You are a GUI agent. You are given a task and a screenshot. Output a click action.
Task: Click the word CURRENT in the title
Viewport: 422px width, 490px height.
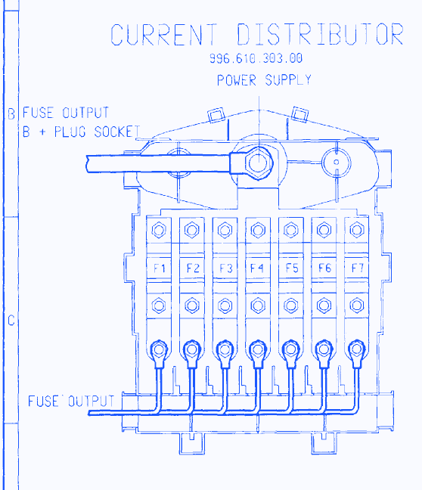pos(164,34)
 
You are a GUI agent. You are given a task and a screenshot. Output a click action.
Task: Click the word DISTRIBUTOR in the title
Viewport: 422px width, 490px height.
pos(320,34)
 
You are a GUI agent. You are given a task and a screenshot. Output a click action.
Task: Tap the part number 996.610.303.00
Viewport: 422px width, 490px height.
pos(256,58)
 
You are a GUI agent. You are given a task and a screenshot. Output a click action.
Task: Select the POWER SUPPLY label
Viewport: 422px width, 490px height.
pos(264,80)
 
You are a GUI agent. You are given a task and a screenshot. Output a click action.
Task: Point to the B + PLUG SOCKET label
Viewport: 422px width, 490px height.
pos(81,132)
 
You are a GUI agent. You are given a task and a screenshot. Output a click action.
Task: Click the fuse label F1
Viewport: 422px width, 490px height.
pos(160,268)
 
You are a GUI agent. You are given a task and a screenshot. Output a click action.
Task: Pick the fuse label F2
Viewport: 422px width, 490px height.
pos(193,268)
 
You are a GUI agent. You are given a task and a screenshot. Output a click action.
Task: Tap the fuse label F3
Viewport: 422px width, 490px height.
pos(225,268)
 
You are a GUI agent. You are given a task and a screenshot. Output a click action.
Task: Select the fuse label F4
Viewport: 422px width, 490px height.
pos(257,268)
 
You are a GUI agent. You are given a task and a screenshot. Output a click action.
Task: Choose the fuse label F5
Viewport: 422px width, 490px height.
pos(292,268)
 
